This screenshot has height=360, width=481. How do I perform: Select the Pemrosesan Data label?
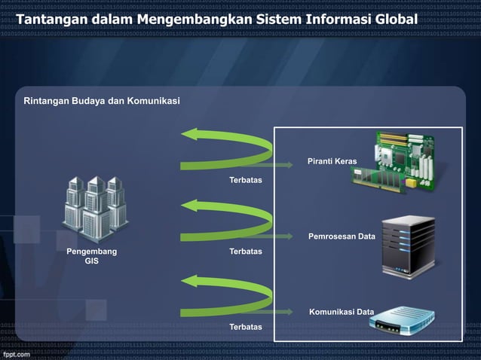click(x=342, y=237)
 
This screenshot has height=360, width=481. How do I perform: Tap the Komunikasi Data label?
click(x=342, y=312)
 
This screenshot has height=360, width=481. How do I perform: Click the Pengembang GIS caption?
click(x=91, y=255)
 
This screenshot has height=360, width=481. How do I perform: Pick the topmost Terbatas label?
click(x=246, y=181)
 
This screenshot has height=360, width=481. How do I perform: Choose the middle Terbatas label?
click(x=246, y=251)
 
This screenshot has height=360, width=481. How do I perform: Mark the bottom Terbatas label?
click(x=246, y=327)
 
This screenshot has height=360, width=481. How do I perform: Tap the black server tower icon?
click(x=408, y=243)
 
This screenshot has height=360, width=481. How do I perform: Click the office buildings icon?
click(x=93, y=206)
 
